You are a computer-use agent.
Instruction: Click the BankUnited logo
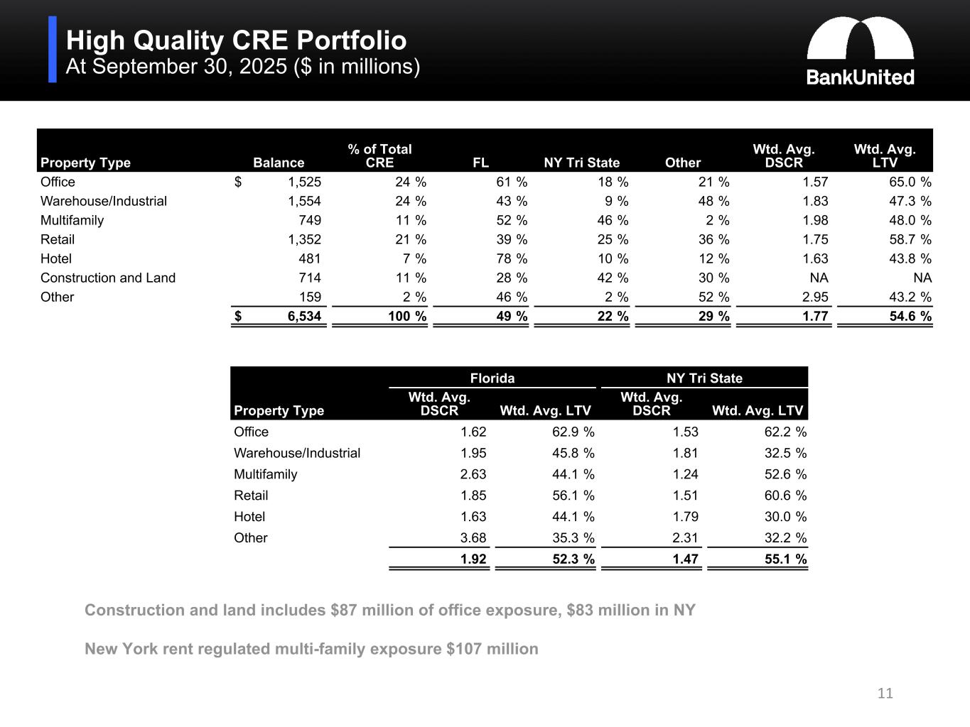pyautogui.click(x=860, y=51)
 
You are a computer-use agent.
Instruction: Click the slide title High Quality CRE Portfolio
pyautogui.click(x=236, y=40)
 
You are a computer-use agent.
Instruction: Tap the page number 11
pyautogui.click(x=885, y=693)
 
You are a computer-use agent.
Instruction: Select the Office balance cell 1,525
pyautogui.click(x=304, y=182)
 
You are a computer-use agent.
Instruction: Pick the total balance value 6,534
pyautogui.click(x=304, y=316)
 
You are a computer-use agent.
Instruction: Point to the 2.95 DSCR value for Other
pyautogui.click(x=815, y=297)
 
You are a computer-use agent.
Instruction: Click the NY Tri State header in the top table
pyautogui.click(x=581, y=163)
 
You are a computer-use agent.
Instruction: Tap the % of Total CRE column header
pyautogui.click(x=379, y=155)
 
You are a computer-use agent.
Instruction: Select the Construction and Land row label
pyautogui.click(x=108, y=278)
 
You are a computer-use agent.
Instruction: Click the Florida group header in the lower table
pyautogui.click(x=492, y=378)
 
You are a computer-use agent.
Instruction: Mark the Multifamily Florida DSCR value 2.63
pyautogui.click(x=473, y=474)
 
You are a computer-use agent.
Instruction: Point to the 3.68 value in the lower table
pyautogui.click(x=473, y=537)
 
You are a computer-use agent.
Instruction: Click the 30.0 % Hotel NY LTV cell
pyautogui.click(x=785, y=516)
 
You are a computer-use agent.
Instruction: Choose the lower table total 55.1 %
pyautogui.click(x=785, y=559)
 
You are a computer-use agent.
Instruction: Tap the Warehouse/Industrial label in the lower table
pyautogui.click(x=297, y=453)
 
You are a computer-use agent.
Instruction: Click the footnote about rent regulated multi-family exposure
pyautogui.click(x=311, y=649)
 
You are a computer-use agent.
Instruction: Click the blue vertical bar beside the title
pyautogui.click(x=53, y=50)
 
